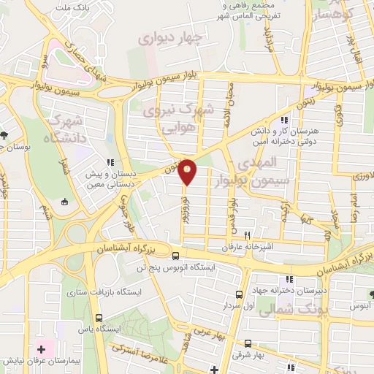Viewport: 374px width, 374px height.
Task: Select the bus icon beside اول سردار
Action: click(x=240, y=295)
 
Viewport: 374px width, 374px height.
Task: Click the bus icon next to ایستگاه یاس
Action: click(x=99, y=318)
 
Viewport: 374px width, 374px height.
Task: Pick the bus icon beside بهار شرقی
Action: click(x=248, y=343)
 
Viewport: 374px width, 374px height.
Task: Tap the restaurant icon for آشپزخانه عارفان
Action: click(x=248, y=235)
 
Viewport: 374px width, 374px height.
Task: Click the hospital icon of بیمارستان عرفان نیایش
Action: click(x=41, y=350)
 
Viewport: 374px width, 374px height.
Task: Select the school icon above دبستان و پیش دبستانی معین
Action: click(x=110, y=163)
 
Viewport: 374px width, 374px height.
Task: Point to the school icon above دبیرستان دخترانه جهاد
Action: click(x=289, y=279)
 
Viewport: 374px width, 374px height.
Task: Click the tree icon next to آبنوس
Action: click(x=373, y=294)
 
